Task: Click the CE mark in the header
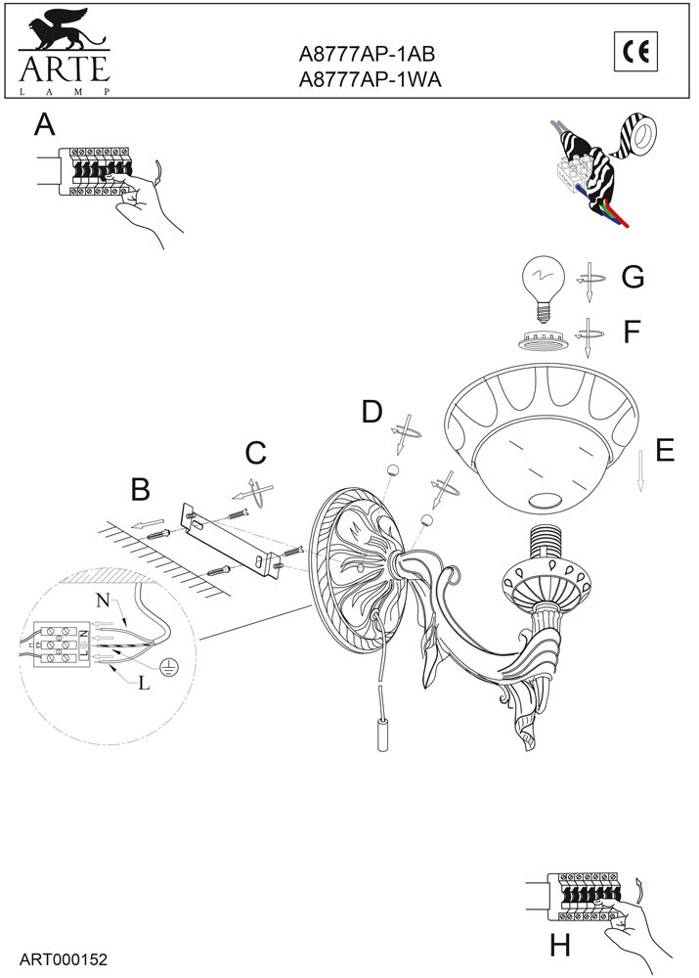click(636, 50)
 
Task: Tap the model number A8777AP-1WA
click(371, 82)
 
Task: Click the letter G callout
click(633, 278)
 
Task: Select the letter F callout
click(632, 332)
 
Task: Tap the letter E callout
click(665, 450)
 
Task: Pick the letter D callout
click(371, 412)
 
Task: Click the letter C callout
click(255, 453)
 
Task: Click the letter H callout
click(559, 946)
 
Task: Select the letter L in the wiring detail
click(144, 684)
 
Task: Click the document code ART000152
click(63, 960)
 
